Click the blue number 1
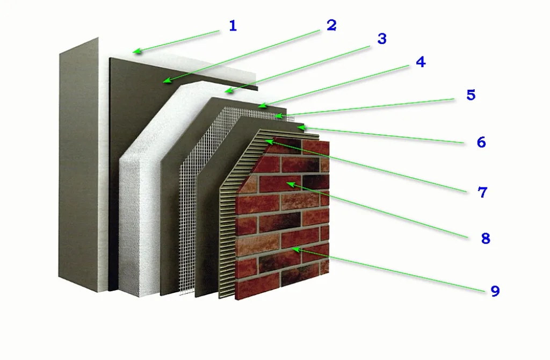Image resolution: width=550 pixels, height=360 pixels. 233,26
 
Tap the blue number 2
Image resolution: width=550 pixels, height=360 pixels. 331,25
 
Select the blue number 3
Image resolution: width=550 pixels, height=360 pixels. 382,39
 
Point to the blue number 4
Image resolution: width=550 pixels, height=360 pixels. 421,62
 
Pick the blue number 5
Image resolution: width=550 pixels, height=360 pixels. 471,95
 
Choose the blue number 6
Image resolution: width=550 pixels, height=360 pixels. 481,142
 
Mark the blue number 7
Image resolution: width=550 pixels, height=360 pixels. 483,192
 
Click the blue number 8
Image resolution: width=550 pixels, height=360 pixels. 486,238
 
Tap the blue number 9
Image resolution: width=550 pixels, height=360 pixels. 495,291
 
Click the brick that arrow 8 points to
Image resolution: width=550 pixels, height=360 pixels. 280,184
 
